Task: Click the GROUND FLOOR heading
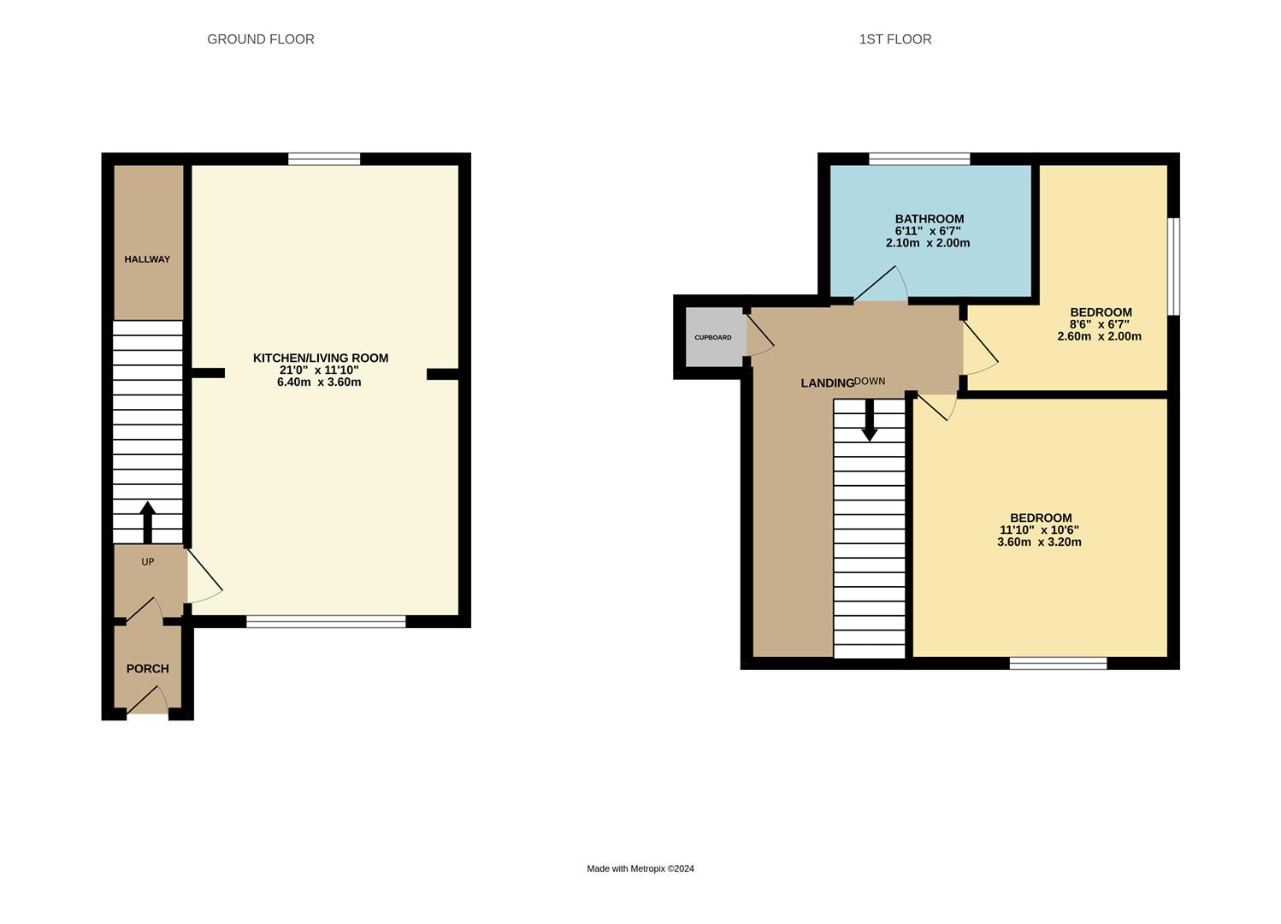(261, 39)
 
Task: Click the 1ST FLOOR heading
(895, 39)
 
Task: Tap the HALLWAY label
(147, 259)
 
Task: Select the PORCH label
(148, 668)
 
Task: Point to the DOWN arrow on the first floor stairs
(870, 421)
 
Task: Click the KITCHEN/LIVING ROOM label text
(321, 358)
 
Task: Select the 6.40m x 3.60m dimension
(319, 382)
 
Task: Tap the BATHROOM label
(930, 219)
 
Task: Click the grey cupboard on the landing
(713, 337)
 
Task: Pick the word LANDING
(827, 383)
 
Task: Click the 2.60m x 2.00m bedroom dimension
(1100, 336)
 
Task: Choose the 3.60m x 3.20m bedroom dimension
(1039, 542)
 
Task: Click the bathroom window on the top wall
(919, 158)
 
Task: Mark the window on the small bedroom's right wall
(1174, 266)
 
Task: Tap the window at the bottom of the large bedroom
(1058, 663)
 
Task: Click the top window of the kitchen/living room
(324, 158)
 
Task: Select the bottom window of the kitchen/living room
(326, 622)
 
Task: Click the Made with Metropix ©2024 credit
(640, 868)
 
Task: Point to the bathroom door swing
(883, 287)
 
